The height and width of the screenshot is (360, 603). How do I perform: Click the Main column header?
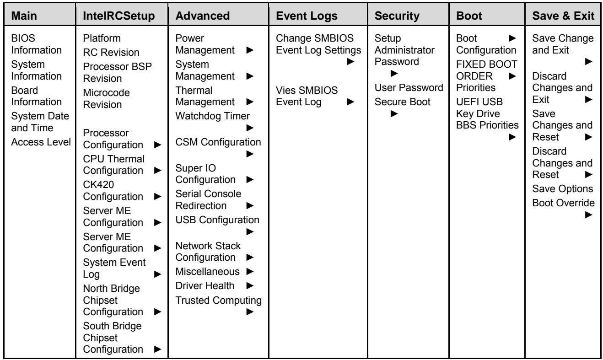[24, 16]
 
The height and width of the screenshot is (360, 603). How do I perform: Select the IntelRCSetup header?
[118, 16]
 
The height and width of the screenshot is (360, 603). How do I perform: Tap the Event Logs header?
[307, 16]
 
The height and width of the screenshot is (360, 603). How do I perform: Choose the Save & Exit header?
[563, 16]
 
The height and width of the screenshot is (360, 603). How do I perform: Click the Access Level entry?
[41, 142]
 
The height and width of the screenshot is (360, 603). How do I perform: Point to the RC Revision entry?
[111, 52]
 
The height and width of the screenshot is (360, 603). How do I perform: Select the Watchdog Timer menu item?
[212, 116]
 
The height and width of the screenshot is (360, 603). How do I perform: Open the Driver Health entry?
[205, 285]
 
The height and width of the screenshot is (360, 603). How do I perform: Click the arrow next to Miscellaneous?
[250, 271]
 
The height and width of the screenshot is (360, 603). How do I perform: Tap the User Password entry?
[409, 87]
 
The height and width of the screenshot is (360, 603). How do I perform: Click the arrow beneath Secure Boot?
[394, 113]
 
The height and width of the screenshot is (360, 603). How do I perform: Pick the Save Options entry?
[563, 188]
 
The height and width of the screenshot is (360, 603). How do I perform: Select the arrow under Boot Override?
[589, 215]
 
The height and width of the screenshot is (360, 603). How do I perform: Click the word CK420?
[98, 184]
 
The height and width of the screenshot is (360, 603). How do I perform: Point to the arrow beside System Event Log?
[157, 274]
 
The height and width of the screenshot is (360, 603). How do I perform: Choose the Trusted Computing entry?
[218, 300]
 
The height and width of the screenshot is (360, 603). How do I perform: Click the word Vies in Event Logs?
[285, 90]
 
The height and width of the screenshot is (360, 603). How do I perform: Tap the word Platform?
[102, 38]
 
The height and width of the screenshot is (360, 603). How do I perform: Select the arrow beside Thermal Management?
[250, 102]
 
